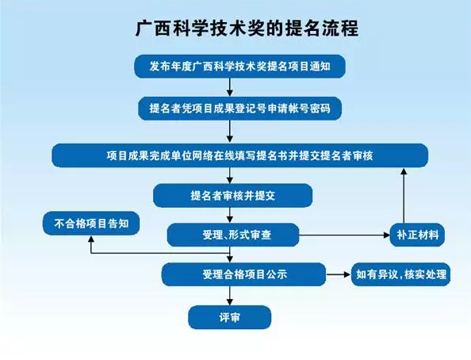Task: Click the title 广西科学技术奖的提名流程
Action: pyautogui.click(x=247, y=29)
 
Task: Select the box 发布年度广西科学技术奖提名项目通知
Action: pyautogui.click(x=239, y=66)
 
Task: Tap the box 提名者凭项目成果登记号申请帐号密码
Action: pyautogui.click(x=239, y=108)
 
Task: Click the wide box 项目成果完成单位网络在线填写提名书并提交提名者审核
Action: pyautogui.click(x=239, y=155)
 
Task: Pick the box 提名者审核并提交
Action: pyautogui.click(x=232, y=196)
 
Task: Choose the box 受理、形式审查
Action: pyautogui.click(x=233, y=235)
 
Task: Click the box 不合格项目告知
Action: pyautogui.click(x=91, y=224)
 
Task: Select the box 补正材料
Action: pyautogui.click(x=417, y=235)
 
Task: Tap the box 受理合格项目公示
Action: pyautogui.click(x=243, y=274)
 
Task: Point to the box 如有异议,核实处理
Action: pyautogui.click(x=400, y=274)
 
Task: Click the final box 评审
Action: pyautogui.click(x=229, y=317)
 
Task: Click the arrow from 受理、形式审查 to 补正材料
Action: pyautogui.click(x=345, y=235)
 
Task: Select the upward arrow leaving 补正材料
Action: pyautogui.click(x=404, y=196)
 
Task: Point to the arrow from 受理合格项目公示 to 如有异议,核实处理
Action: pyautogui.click(x=339, y=274)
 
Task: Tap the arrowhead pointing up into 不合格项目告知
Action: pyautogui.click(x=91, y=239)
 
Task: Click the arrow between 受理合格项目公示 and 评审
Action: pyautogui.click(x=230, y=296)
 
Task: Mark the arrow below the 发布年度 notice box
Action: pyautogui.click(x=230, y=87)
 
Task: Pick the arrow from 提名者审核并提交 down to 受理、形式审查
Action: pyautogui.click(x=230, y=215)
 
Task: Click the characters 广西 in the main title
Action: pyautogui.click(x=152, y=29)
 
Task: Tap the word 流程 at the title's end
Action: pyautogui.click(x=341, y=29)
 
